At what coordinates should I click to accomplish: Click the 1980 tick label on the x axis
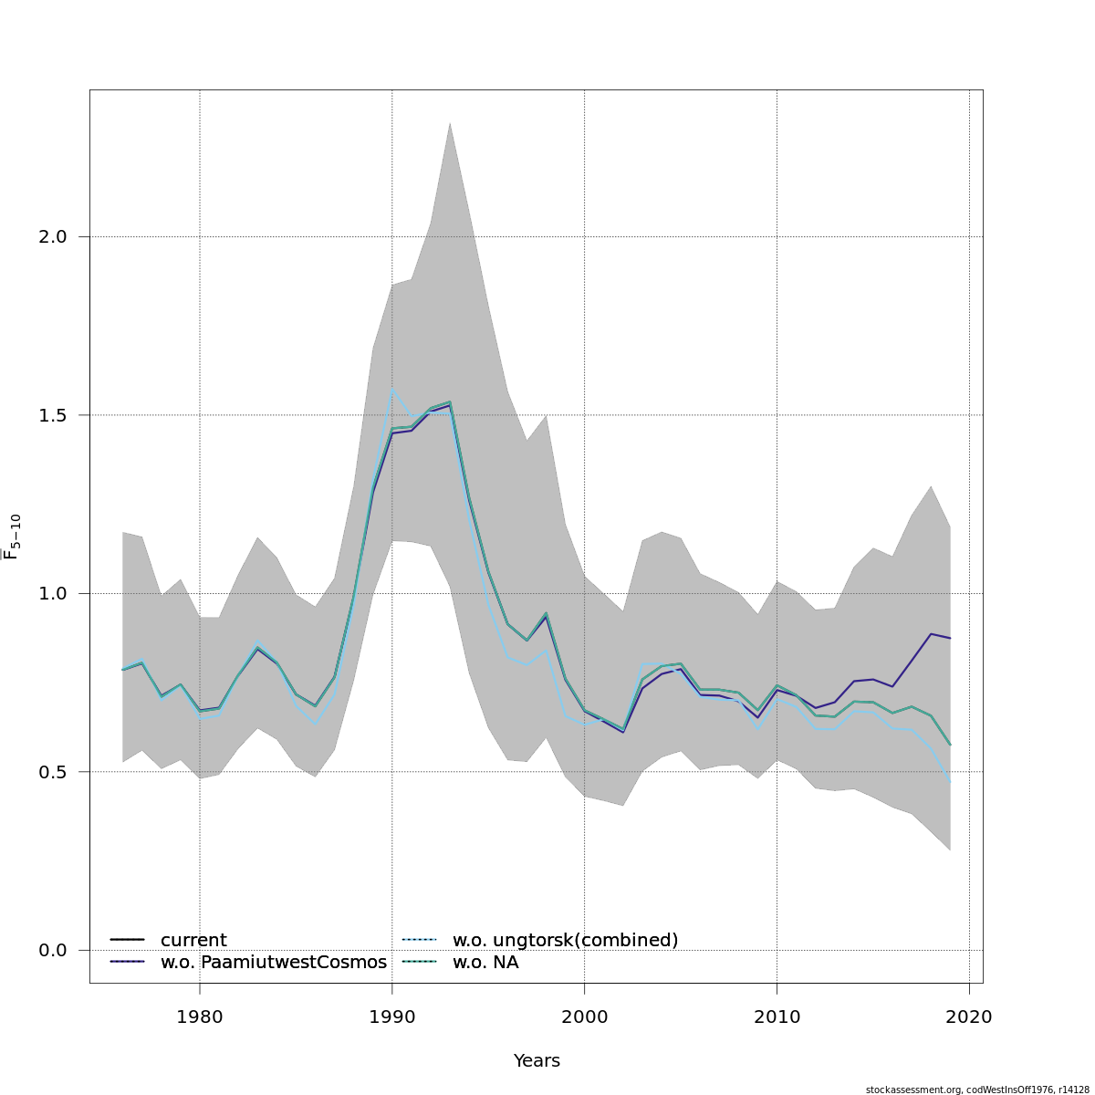pos(199,1017)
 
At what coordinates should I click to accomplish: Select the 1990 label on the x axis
pos(391,1017)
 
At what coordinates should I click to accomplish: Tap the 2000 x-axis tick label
pos(584,1017)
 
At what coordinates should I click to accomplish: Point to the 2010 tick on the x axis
pos(777,1017)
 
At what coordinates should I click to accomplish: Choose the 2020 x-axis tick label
pos(969,1017)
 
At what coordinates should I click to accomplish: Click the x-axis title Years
pos(537,1061)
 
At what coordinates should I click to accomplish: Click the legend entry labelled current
pos(193,941)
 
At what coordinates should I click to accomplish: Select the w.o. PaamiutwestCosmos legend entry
pos(273,963)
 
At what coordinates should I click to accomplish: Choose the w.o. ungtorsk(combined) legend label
pos(565,941)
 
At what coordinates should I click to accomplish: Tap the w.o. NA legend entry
pos(485,963)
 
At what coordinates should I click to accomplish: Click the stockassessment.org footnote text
pos(977,1090)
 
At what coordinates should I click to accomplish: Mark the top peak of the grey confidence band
pos(450,123)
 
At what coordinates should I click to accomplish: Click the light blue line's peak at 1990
pos(392,389)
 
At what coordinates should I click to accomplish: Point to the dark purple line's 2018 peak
pos(931,633)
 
